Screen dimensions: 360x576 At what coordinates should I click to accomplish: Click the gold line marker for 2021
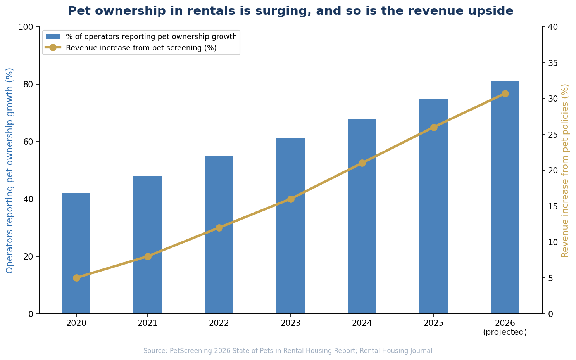point(148,256)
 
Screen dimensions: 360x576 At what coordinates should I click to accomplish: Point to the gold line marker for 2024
point(362,163)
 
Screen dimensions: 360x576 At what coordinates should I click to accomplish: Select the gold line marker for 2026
point(505,93)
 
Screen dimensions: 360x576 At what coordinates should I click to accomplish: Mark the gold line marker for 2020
point(76,278)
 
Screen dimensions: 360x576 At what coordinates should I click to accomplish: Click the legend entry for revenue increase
point(141,48)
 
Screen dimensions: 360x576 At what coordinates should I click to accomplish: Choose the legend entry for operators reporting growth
point(151,37)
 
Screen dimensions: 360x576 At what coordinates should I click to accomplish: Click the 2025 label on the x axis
point(433,323)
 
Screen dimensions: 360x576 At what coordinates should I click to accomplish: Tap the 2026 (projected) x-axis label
point(505,327)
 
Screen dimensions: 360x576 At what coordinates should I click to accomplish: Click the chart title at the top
point(290,11)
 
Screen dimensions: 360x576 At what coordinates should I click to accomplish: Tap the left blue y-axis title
point(10,170)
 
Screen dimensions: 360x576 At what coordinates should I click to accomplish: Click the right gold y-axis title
point(565,170)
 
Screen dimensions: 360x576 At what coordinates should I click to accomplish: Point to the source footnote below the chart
point(288,351)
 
